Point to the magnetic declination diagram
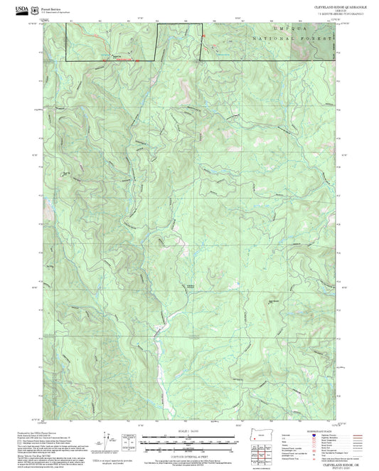(x=106, y=439)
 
